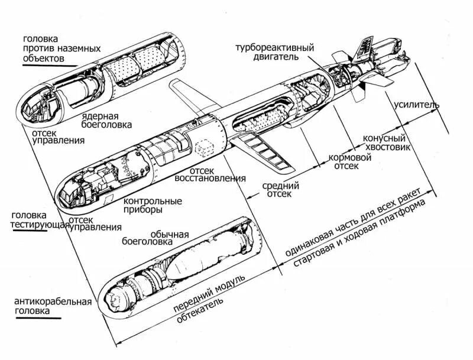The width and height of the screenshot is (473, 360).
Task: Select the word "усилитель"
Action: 416,105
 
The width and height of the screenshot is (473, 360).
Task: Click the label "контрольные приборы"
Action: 153,205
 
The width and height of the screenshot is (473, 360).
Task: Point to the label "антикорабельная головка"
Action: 53,306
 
